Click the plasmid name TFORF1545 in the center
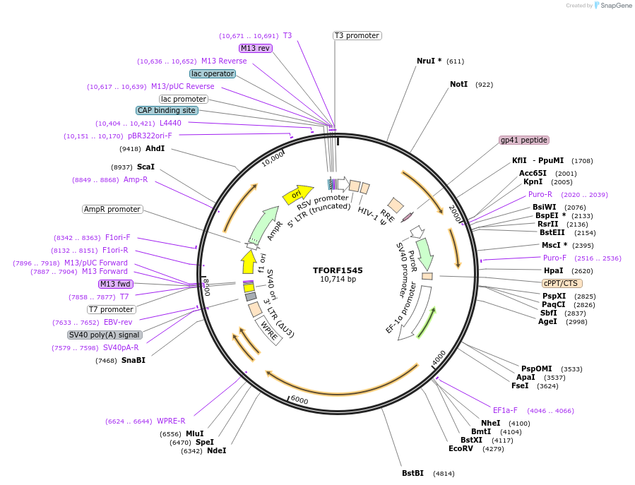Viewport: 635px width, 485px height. [x=338, y=270]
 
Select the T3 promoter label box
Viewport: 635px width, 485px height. [x=357, y=35]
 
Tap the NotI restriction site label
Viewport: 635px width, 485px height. [x=459, y=84]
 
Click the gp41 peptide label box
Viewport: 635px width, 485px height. [x=524, y=140]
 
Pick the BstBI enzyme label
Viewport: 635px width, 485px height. [x=413, y=473]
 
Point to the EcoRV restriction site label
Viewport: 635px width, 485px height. [x=461, y=448]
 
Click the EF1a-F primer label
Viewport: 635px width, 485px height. [x=505, y=410]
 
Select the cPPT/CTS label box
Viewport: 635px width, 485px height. [x=562, y=283]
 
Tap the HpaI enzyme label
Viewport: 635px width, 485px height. [x=554, y=270]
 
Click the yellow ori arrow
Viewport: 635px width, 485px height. [x=297, y=193]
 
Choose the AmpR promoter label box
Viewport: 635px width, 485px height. [x=112, y=209]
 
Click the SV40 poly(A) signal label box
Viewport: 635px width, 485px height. [x=104, y=335]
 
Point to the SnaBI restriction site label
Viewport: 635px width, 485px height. [x=133, y=361]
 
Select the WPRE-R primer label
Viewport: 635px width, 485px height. [x=171, y=421]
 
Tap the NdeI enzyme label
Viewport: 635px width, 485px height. [x=217, y=450]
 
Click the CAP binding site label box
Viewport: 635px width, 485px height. [x=167, y=110]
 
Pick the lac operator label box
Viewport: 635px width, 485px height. [x=213, y=73]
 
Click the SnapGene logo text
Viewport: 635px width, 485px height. [x=617, y=6]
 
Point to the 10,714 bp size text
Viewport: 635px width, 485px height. [x=338, y=280]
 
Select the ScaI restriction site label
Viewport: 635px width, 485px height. [x=146, y=167]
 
